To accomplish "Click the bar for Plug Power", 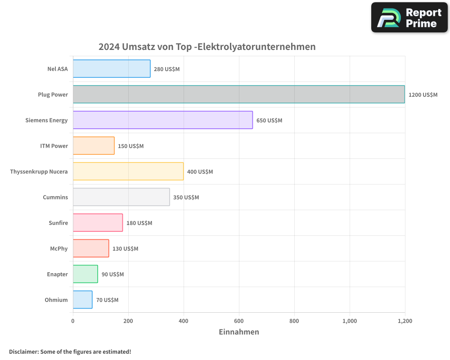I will click(x=238, y=94).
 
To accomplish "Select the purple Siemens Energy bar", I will click(x=162, y=120).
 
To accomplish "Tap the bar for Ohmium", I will click(x=82, y=300).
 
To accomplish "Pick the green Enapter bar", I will click(x=85, y=274).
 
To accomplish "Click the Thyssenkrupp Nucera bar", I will click(x=128, y=171).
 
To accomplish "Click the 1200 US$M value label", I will click(x=423, y=95).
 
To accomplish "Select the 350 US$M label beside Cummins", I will click(x=186, y=198).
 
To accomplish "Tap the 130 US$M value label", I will click(x=125, y=249).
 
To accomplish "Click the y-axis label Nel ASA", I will click(x=57, y=69).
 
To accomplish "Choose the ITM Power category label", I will click(x=54, y=146).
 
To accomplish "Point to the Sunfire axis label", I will click(x=58, y=223).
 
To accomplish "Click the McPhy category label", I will click(x=58, y=248).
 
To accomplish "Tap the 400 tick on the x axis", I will click(x=184, y=321).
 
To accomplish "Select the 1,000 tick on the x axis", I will click(x=350, y=321).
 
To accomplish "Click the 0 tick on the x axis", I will click(x=73, y=321).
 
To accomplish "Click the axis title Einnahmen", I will click(x=238, y=332).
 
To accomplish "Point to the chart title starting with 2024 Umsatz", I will click(x=207, y=47).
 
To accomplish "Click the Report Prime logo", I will click(x=409, y=18).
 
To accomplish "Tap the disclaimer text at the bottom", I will click(x=70, y=351).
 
